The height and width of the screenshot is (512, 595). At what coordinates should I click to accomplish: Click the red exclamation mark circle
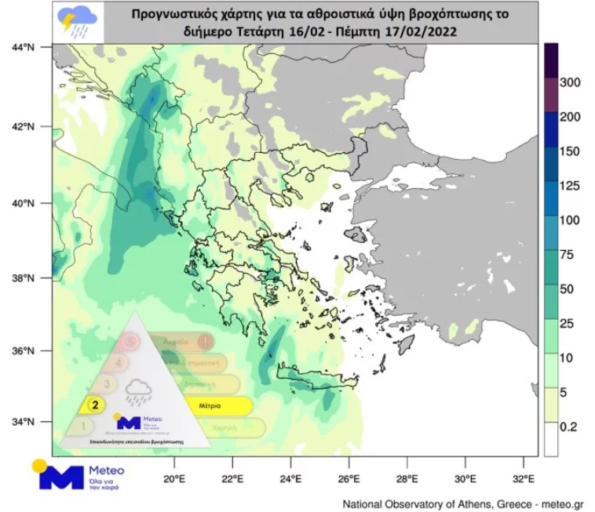[x=204, y=342]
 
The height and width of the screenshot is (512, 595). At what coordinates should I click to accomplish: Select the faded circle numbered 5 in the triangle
[x=130, y=342]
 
